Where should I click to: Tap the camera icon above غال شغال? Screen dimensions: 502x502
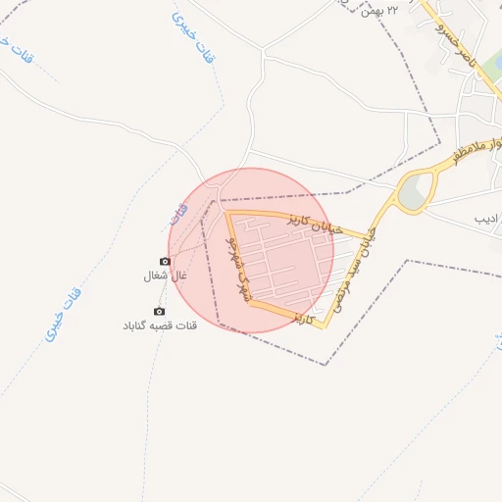[165, 262]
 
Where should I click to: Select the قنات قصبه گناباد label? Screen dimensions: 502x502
[160, 326]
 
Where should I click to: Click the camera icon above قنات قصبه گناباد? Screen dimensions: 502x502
[160, 311]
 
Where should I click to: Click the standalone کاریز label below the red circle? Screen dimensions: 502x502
[306, 319]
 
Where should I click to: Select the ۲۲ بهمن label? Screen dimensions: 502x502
[381, 11]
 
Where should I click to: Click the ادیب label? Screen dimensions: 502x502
[487, 219]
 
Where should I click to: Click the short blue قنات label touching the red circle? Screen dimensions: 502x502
[177, 213]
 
